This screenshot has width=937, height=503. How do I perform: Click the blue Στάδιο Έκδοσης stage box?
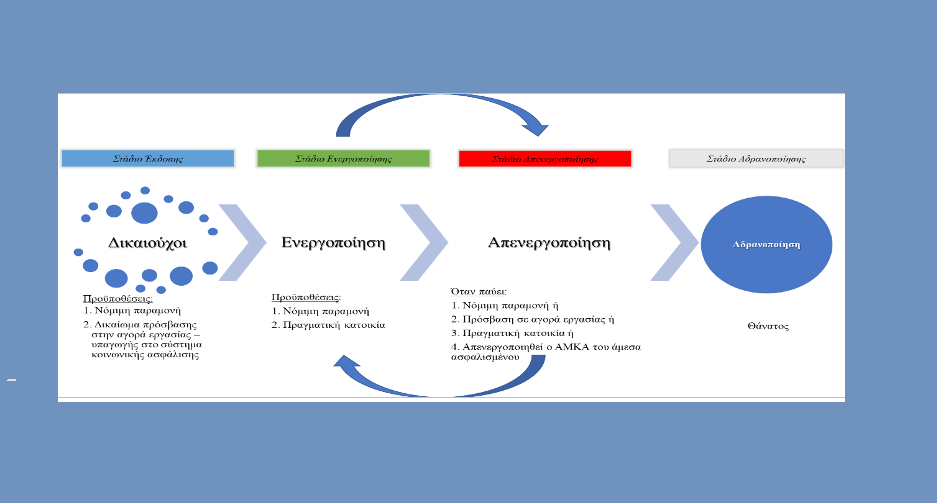(147, 158)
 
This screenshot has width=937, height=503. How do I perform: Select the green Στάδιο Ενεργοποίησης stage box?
(343, 158)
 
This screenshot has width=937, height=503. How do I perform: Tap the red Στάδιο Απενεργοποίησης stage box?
(545, 158)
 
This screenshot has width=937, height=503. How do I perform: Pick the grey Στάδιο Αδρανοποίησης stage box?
(755, 158)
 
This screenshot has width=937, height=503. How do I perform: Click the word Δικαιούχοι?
(148, 243)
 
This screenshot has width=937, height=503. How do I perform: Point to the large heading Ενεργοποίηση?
(333, 243)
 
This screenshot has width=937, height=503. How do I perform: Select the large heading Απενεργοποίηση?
(549, 243)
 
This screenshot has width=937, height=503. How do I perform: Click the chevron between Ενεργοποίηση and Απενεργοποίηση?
(424, 243)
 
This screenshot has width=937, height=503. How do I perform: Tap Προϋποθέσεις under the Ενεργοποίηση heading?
(306, 297)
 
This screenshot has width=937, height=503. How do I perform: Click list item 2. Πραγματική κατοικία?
(329, 325)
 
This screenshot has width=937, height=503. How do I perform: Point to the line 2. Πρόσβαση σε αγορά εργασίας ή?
(531, 318)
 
